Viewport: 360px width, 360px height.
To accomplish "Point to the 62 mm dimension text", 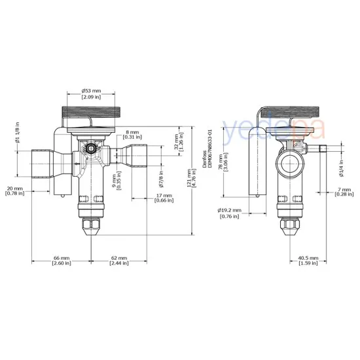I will [118, 261].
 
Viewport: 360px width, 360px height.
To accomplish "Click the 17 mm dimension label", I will [164, 198].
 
